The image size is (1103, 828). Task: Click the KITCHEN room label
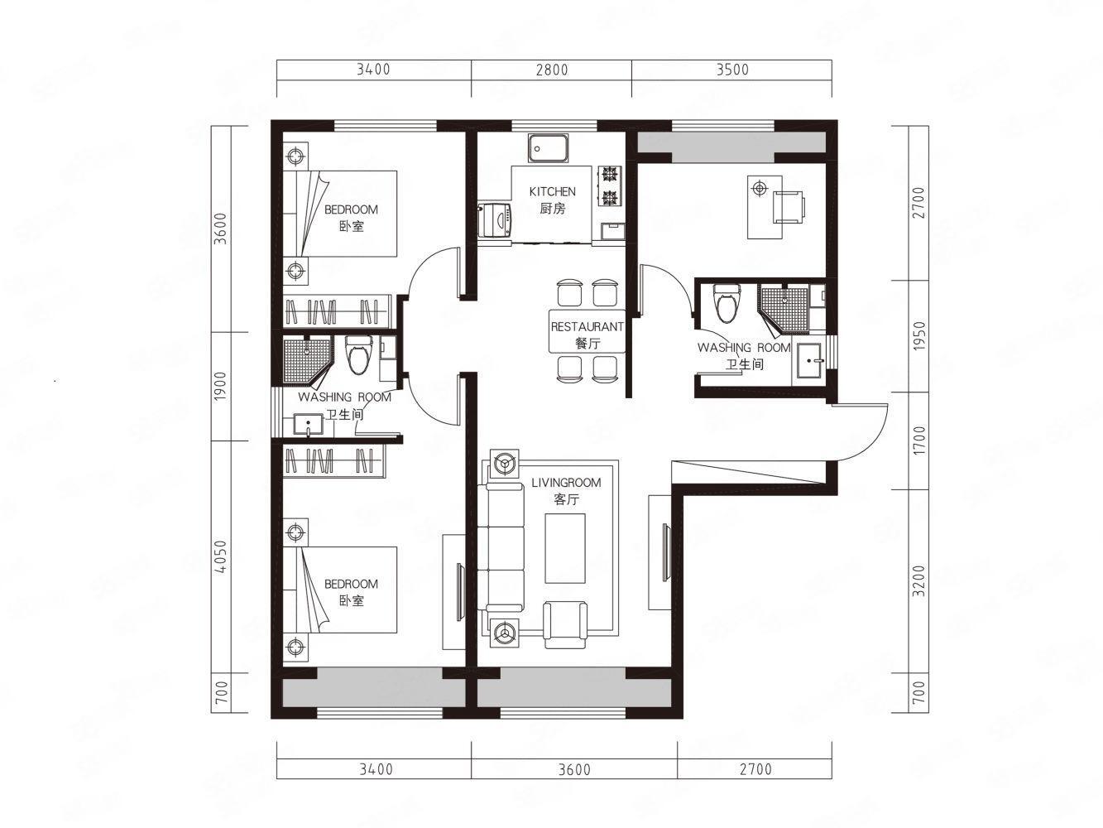pos(552,191)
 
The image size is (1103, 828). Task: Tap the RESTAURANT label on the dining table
pos(587,327)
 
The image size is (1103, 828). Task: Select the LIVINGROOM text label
pos(566,483)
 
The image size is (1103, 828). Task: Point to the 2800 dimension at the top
pos(552,70)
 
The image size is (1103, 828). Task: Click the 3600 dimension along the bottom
pos(574,769)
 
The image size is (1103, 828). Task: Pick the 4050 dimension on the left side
pos(221,556)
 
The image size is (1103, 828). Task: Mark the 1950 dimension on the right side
pos(919,336)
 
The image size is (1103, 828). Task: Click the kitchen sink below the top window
pos(548,148)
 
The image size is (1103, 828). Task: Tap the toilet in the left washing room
pos(358,355)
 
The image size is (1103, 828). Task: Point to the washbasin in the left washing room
pos(308,424)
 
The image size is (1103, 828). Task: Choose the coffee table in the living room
pos(565,548)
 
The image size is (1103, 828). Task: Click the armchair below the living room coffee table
pos(565,625)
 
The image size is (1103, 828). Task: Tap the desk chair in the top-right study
pos(788,206)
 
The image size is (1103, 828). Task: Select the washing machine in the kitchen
pos(495,219)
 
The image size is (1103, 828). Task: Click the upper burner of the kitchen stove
pos(610,175)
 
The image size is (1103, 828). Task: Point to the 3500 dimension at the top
pos(732,70)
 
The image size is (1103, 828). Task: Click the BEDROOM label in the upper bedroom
pos(351,209)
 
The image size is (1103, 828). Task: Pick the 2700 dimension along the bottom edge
pos(755,769)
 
